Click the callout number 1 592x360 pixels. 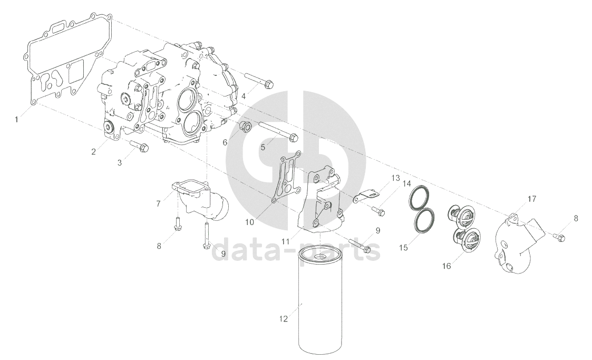point(16,120)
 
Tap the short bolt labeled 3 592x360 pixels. point(139,147)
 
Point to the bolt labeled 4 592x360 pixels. point(259,81)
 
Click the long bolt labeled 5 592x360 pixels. point(279,132)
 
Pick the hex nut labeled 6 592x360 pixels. point(244,128)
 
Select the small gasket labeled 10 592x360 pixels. point(286,177)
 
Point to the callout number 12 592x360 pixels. point(284,319)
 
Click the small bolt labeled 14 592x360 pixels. point(378,210)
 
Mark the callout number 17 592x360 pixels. point(531,199)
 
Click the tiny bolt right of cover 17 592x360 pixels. point(559,237)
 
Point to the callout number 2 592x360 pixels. point(93,152)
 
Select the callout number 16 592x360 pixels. point(447,266)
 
